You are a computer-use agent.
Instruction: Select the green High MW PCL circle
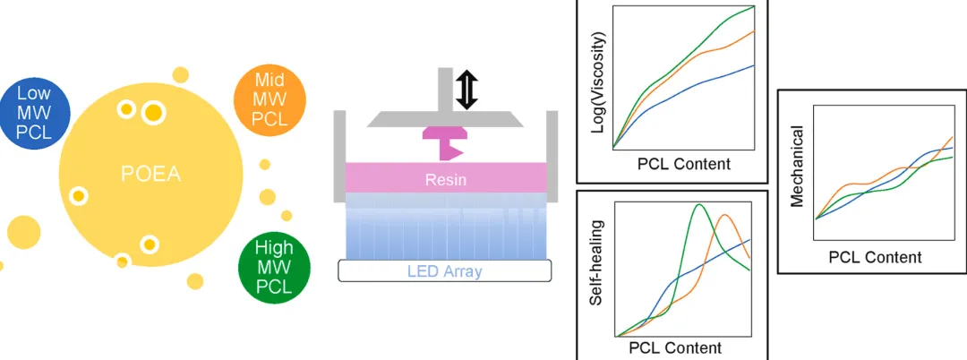point(274,268)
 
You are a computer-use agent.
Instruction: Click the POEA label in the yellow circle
point(150,175)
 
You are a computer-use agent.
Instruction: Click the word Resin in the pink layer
point(446,181)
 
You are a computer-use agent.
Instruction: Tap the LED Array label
point(445,271)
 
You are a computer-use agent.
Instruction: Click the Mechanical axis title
point(797,167)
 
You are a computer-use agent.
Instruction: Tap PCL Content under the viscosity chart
point(683,164)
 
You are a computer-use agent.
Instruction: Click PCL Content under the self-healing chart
point(675,347)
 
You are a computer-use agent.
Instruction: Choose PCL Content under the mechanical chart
point(875,256)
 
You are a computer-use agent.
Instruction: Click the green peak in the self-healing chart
point(698,205)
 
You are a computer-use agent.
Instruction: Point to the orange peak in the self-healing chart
point(725,215)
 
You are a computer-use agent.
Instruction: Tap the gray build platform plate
point(445,120)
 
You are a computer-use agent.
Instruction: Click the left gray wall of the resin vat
point(339,157)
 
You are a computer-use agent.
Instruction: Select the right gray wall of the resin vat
point(552,157)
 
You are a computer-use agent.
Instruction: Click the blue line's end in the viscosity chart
point(754,64)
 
